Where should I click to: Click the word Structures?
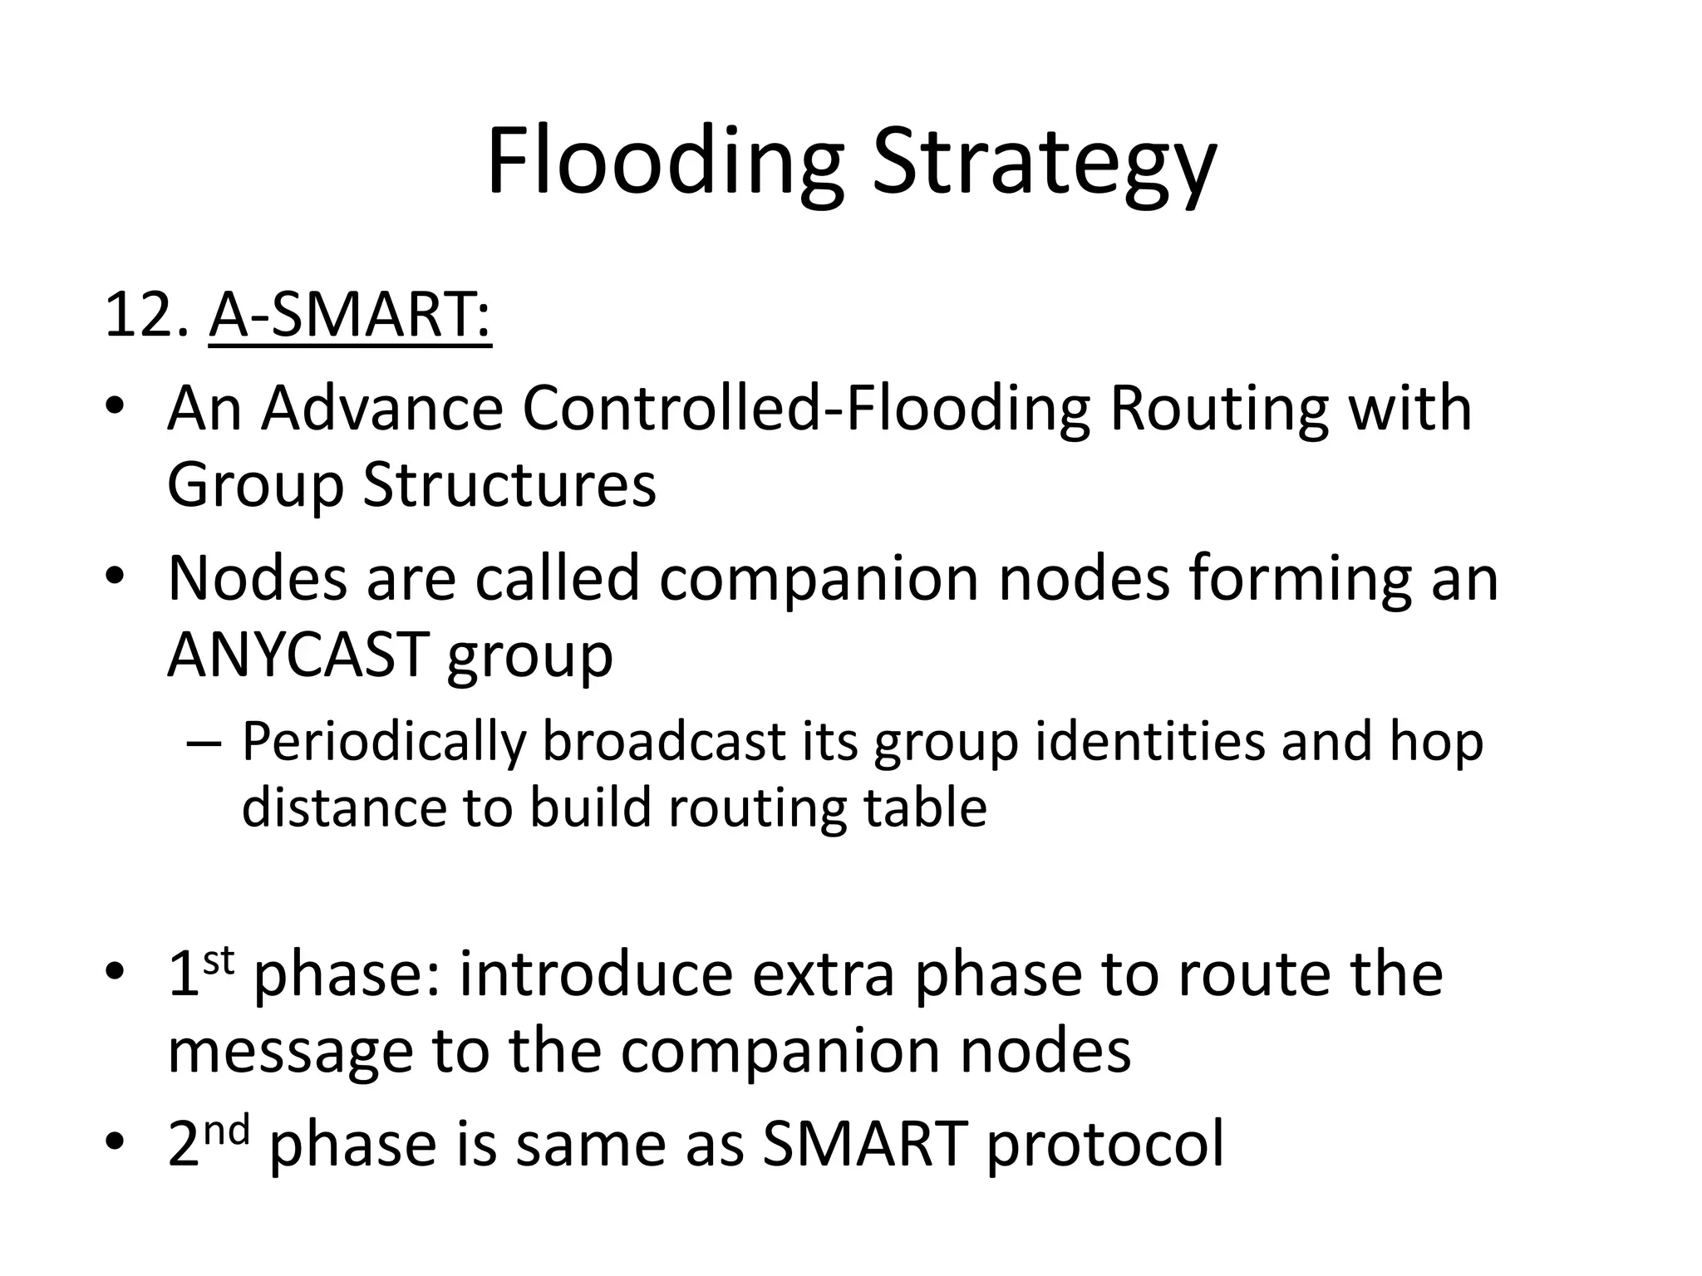509,484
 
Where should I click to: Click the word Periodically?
384,742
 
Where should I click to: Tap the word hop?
1436,742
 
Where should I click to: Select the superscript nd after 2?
226,1131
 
